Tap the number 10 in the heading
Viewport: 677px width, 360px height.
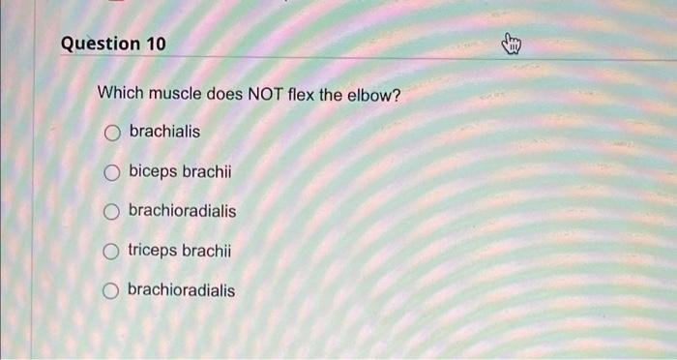155,45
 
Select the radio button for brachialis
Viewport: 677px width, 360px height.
112,132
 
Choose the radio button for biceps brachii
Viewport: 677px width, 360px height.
112,172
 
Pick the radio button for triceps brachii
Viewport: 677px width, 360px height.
112,252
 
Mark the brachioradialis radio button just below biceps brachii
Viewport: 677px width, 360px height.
112,212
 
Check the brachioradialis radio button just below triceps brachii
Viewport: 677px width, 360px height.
112,291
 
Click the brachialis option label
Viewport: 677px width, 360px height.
164,131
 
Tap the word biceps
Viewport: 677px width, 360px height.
154,171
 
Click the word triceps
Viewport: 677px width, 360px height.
155,251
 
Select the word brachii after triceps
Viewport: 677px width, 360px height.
209,251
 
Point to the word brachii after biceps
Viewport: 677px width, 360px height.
208,171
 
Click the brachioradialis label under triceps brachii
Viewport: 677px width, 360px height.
181,290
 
